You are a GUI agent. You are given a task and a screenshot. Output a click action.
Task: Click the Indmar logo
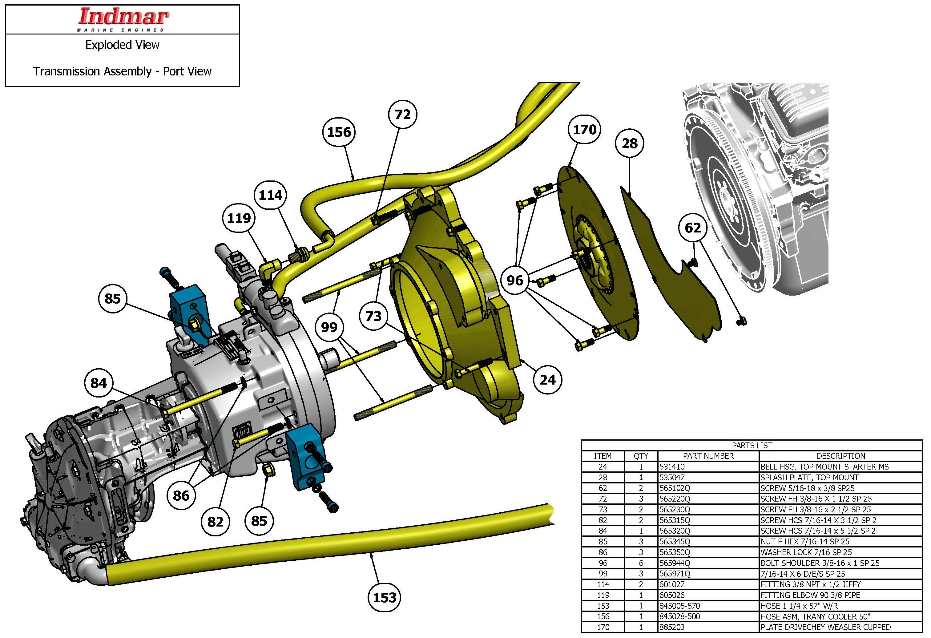tap(123, 18)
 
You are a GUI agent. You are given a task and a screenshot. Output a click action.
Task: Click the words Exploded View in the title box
tap(122, 45)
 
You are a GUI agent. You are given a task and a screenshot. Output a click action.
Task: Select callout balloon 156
tap(339, 132)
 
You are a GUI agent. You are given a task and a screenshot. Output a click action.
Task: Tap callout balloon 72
tap(403, 115)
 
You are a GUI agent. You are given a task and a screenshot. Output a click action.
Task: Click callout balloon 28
tap(629, 143)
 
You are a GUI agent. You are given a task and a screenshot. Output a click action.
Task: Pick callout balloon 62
tap(693, 228)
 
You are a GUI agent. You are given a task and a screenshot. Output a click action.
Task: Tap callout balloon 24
tap(547, 380)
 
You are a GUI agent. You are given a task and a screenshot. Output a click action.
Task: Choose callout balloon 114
tap(270, 195)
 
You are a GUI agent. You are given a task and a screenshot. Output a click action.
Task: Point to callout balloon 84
tap(99, 383)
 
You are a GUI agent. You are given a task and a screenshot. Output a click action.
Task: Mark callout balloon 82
tap(215, 521)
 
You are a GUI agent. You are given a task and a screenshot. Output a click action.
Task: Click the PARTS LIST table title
tap(752, 446)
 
